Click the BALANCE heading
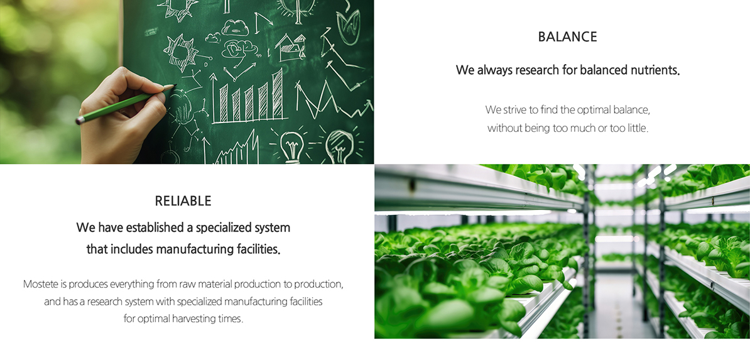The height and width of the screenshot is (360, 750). pyautogui.click(x=567, y=37)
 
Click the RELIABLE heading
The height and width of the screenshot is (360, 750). pyautogui.click(x=183, y=201)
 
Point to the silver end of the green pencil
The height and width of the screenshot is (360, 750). pyautogui.click(x=79, y=119)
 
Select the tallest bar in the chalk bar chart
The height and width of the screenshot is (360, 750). pyautogui.click(x=278, y=94)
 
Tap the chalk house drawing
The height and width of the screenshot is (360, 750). pyautogui.click(x=291, y=48)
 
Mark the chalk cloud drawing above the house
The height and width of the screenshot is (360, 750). pyautogui.click(x=236, y=28)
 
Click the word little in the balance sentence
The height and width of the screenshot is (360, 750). pyautogui.click(x=637, y=128)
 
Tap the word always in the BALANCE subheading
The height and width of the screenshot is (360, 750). pyautogui.click(x=491, y=71)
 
